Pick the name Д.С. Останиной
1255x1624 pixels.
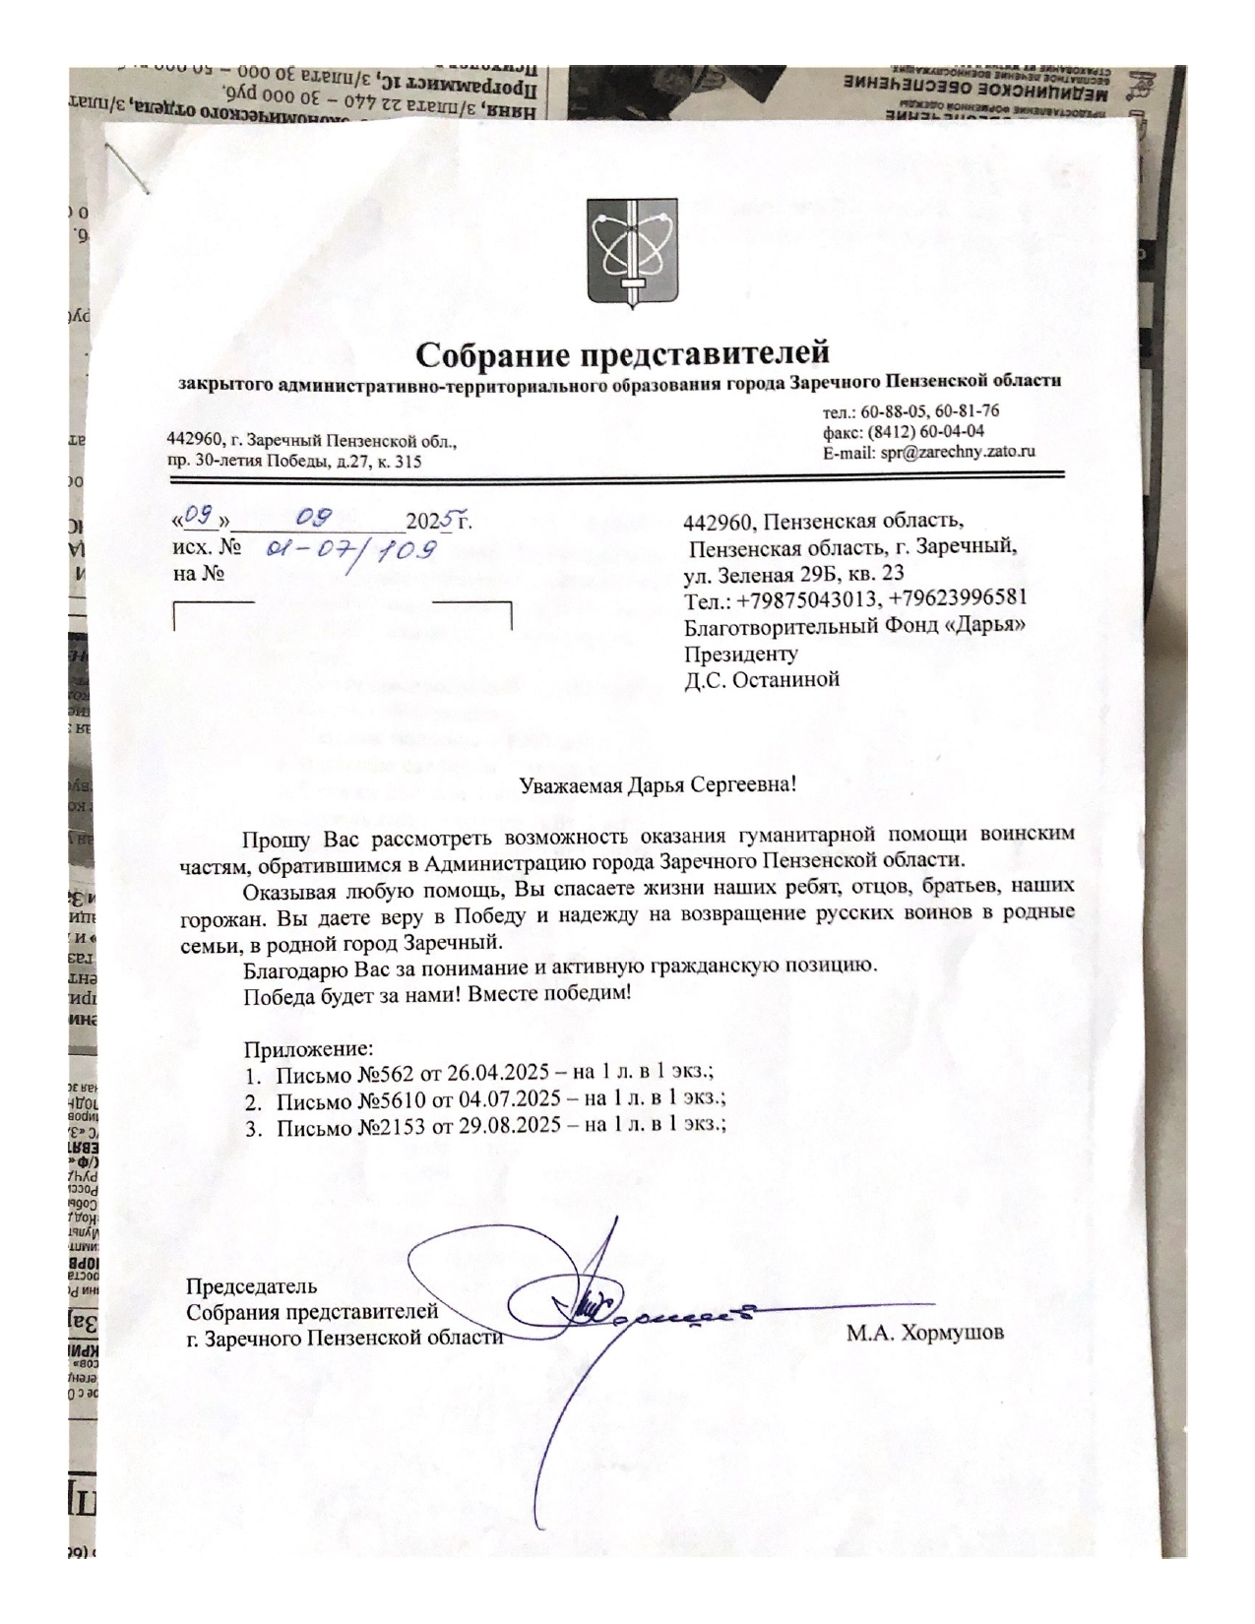[762, 679]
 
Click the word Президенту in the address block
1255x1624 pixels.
[741, 653]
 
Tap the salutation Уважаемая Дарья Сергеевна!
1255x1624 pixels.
[657, 785]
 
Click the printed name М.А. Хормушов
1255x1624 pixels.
[925, 1335]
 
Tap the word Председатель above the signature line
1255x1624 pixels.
[252, 1285]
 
